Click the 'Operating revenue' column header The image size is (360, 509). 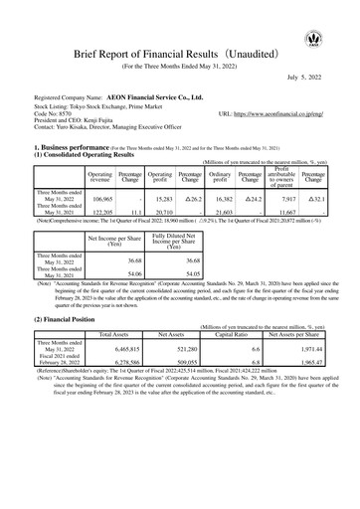click(100, 176)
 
